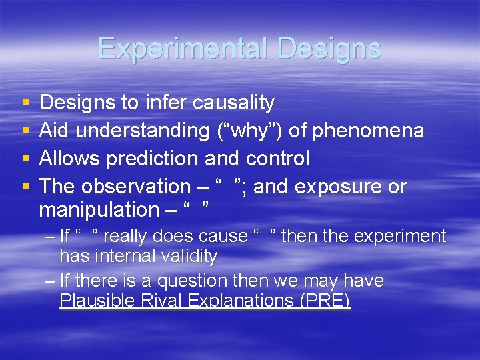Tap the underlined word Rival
pyautogui.click(x=155, y=301)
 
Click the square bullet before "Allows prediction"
pyautogui.click(x=25, y=159)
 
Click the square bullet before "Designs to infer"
pyautogui.click(x=25, y=103)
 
